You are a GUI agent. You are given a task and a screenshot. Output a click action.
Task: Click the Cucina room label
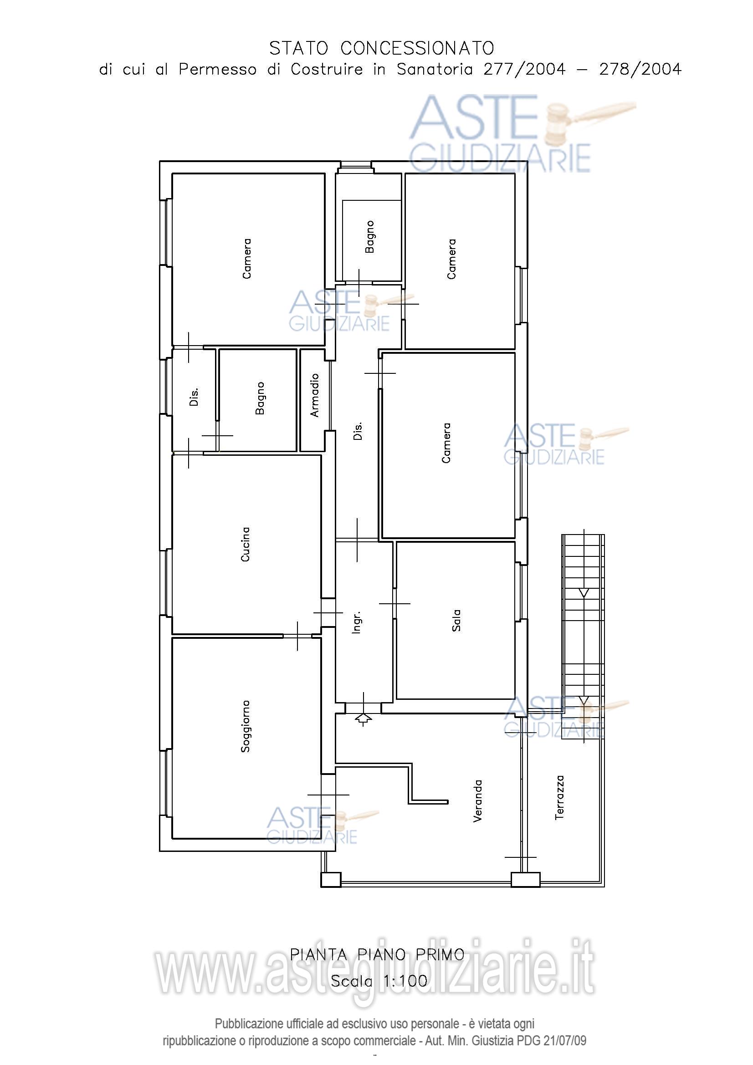[x=246, y=544]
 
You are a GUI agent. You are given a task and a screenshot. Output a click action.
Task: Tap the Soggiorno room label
[x=246, y=726]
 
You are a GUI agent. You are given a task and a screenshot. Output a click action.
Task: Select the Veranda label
[x=477, y=801]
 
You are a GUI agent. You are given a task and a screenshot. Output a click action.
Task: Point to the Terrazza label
[x=559, y=797]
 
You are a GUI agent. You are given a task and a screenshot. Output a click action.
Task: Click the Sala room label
[x=456, y=620]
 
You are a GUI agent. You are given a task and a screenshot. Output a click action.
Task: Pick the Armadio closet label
[x=315, y=395]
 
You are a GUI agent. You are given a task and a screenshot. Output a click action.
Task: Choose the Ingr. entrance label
[x=356, y=622]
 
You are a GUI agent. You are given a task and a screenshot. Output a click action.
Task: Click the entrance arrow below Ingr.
[x=363, y=719]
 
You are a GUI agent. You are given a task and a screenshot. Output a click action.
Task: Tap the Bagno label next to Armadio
[x=260, y=398]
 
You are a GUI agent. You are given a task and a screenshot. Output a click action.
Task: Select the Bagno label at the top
[x=369, y=237]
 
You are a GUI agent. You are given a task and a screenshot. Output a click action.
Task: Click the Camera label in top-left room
[x=247, y=258]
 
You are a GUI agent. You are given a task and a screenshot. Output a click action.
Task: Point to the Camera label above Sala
[x=446, y=443]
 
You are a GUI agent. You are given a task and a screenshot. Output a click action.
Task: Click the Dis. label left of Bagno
[x=194, y=397]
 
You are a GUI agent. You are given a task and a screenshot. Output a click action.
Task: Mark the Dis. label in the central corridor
[x=358, y=431]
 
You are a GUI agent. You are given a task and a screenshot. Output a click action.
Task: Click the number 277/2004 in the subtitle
[x=525, y=70]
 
